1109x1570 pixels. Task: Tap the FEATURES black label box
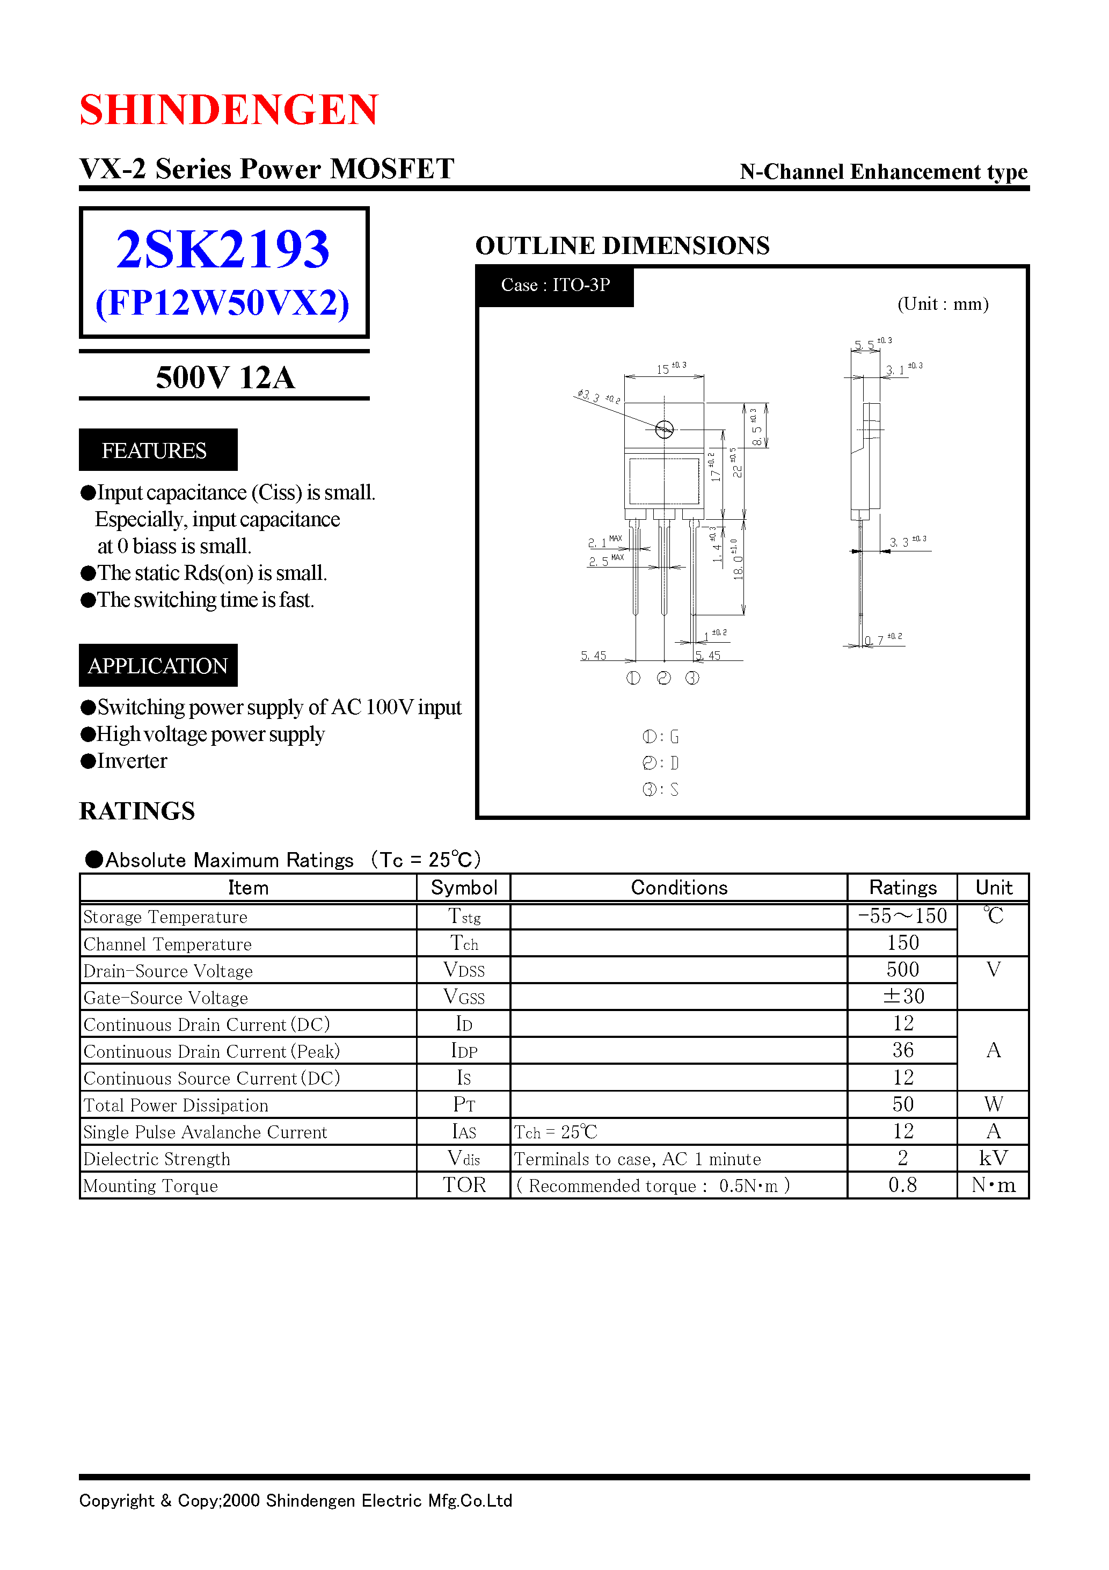coord(158,450)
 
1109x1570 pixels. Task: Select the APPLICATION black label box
coord(158,665)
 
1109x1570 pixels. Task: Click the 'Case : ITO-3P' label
coord(555,285)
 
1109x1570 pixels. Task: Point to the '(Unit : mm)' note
coord(943,304)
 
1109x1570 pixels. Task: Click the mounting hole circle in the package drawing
coord(664,430)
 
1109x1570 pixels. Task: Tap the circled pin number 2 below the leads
coord(663,678)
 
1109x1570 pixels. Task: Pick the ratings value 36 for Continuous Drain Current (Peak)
coord(902,1050)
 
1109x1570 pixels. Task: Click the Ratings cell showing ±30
coord(902,997)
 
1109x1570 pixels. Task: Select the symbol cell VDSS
coord(464,970)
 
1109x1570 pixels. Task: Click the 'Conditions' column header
coord(679,888)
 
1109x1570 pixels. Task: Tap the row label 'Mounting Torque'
coord(150,1186)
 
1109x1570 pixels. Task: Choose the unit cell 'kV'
coord(993,1158)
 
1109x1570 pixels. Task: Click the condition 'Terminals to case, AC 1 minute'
coord(637,1159)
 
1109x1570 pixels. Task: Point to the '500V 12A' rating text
coord(225,377)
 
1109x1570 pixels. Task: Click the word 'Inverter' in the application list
coord(132,761)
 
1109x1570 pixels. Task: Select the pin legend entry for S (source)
coord(660,790)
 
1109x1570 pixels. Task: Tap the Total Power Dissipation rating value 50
coord(902,1104)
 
